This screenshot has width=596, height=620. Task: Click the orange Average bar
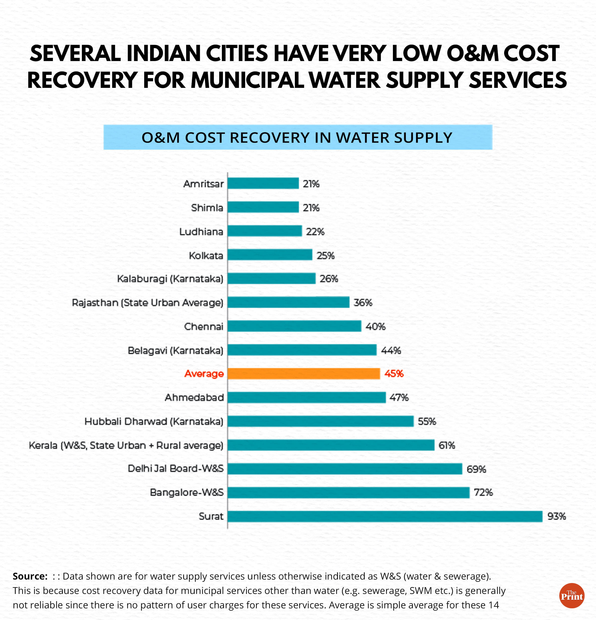(x=304, y=374)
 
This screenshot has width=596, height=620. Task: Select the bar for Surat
(x=385, y=516)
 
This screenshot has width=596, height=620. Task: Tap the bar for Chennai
(x=294, y=326)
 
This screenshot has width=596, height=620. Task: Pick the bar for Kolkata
(x=270, y=255)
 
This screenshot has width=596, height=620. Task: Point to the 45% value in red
(x=394, y=374)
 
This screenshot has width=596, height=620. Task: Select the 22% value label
(x=315, y=232)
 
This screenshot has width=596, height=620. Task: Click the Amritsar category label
(x=203, y=184)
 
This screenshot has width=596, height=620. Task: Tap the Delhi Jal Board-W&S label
(x=175, y=469)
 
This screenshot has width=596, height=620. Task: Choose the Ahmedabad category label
(x=194, y=397)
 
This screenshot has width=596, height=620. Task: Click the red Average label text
(x=204, y=374)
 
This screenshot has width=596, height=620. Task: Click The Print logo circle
(x=572, y=596)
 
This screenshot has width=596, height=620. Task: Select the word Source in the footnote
(x=30, y=576)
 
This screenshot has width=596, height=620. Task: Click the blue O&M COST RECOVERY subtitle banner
(x=297, y=137)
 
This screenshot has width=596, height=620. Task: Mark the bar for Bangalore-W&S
(x=348, y=492)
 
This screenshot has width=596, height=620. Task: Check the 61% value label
(x=447, y=445)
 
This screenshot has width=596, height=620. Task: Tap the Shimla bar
(x=263, y=207)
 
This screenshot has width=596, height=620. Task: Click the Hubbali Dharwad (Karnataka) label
(x=154, y=421)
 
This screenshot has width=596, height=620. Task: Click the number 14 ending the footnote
(x=493, y=605)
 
